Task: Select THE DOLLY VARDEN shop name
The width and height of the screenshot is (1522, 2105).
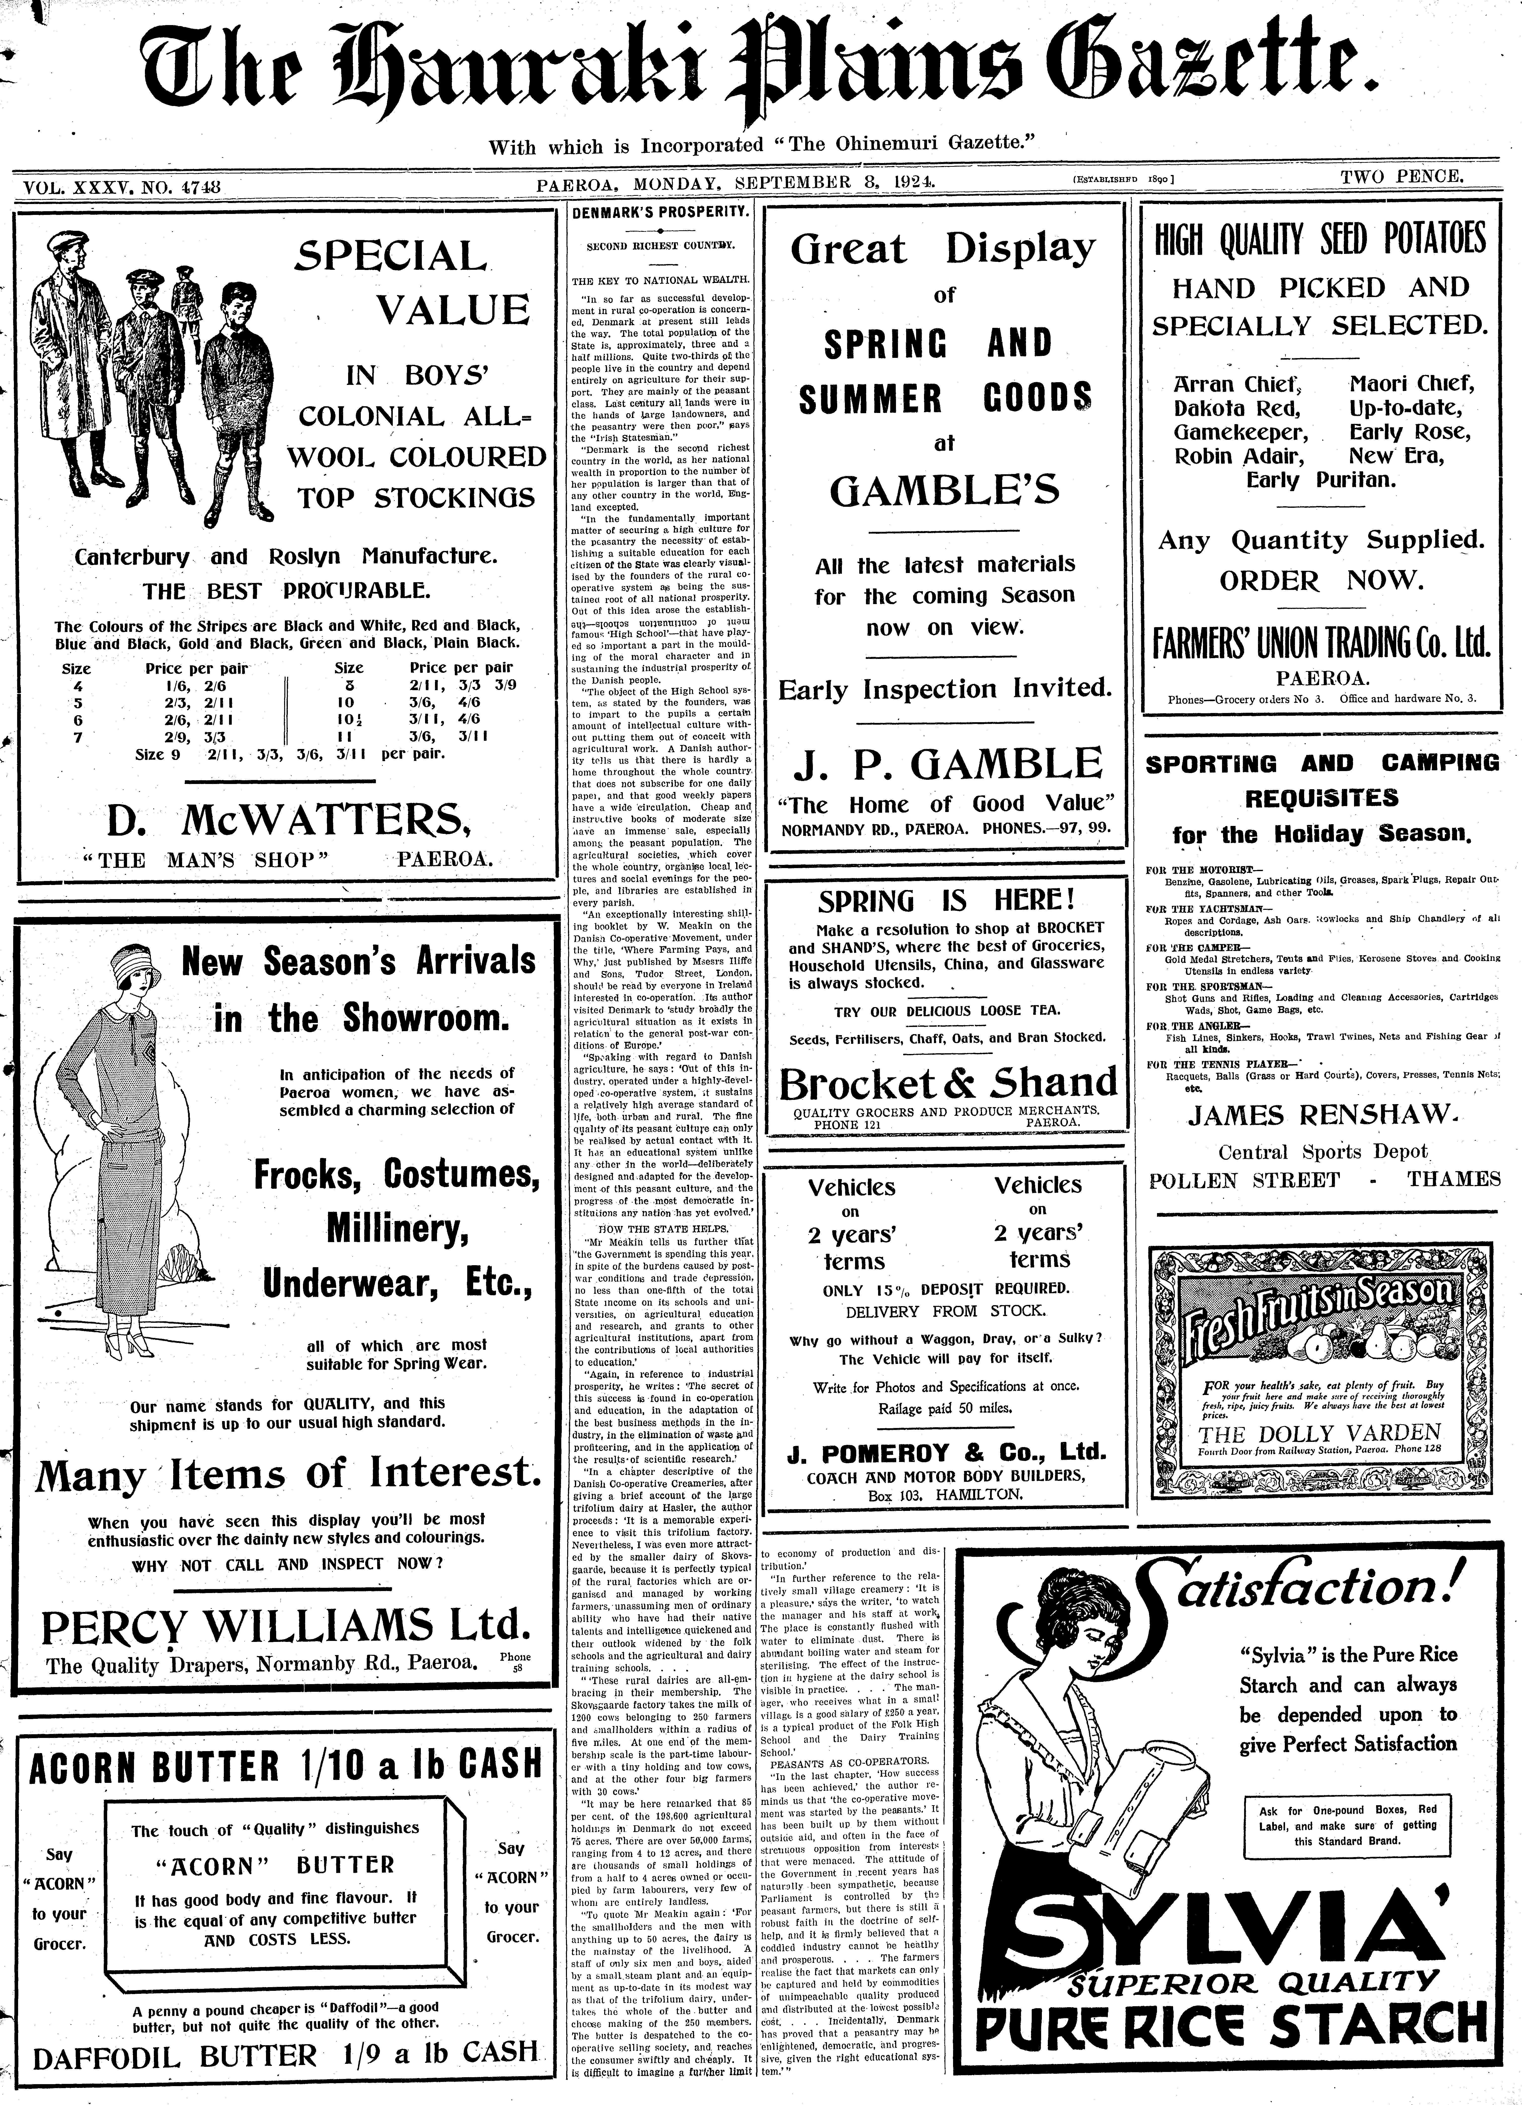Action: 1319,1433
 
